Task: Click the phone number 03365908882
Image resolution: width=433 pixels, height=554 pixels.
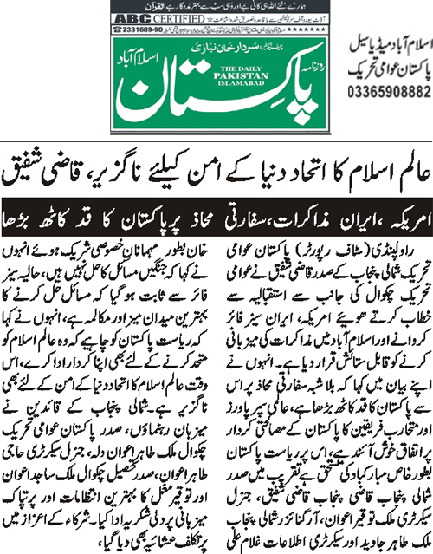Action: click(386, 90)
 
